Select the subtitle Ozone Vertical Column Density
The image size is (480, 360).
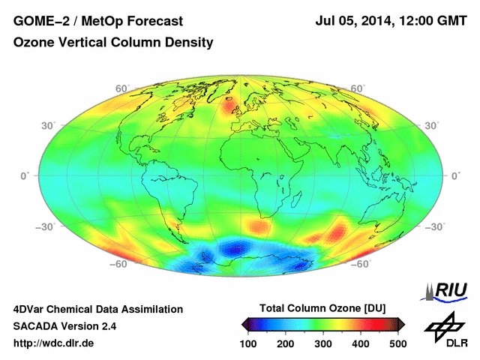[113, 43]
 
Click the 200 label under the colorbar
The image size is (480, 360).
[285, 343]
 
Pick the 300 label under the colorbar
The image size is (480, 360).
[322, 343]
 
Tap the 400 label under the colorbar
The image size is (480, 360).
[360, 343]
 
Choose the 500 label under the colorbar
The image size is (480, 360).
[397, 343]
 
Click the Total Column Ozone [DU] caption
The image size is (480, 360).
[322, 308]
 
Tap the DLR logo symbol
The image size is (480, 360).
[443, 327]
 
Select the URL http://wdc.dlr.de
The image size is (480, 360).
[54, 343]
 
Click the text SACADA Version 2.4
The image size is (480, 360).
[64, 326]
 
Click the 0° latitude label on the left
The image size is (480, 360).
[24, 175]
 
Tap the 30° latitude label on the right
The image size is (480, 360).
[431, 125]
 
